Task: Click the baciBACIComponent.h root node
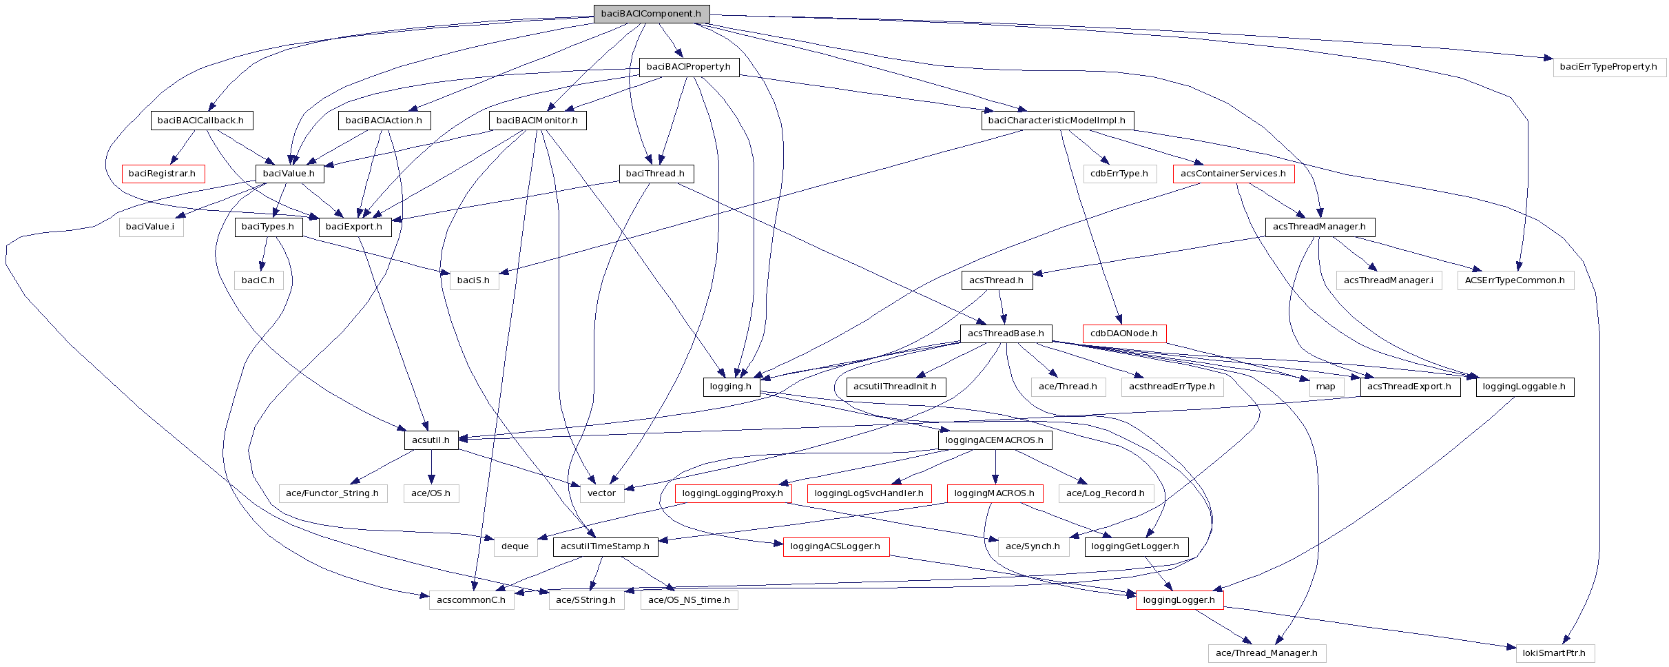pos(651,14)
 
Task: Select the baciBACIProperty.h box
pos(689,67)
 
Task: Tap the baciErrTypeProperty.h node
pos(1608,67)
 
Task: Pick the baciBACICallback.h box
pos(201,121)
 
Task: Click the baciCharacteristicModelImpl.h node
pos(1057,121)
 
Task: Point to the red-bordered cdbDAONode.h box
pos(1124,333)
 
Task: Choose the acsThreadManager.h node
pos(1319,227)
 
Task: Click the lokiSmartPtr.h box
pos(1555,653)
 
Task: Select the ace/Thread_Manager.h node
pos(1266,653)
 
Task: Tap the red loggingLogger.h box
pos(1179,600)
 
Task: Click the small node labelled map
pos(1325,387)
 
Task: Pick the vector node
pos(601,493)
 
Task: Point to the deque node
pos(515,546)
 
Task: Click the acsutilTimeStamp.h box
pos(605,546)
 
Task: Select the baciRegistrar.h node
pos(162,174)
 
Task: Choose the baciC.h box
pos(258,280)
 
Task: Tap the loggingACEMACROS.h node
pos(994,440)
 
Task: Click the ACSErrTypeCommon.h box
pos(1515,280)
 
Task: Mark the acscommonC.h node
pos(471,600)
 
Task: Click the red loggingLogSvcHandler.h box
pos(869,493)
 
